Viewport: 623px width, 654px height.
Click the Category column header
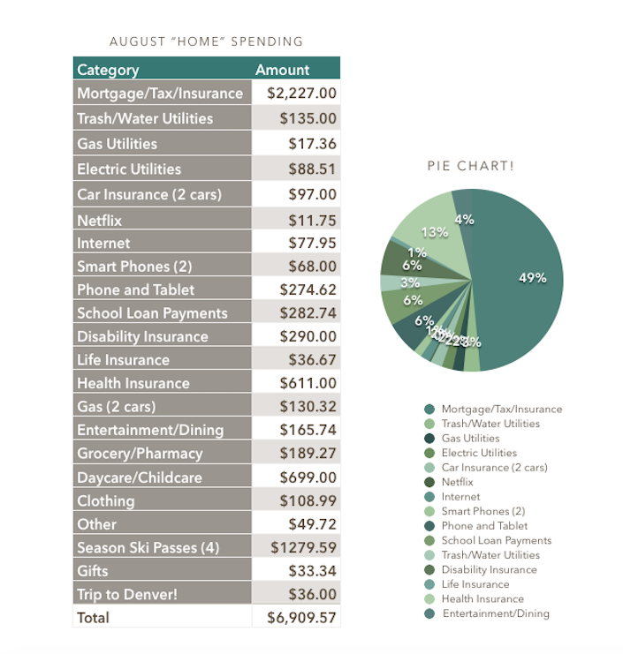click(x=108, y=70)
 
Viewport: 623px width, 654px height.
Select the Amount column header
click(x=283, y=70)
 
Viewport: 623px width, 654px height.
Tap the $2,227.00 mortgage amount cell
click(x=301, y=93)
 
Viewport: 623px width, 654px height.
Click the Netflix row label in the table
click(x=99, y=220)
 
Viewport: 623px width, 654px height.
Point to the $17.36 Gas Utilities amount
click(x=312, y=143)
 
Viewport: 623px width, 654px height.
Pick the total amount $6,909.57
click(x=301, y=618)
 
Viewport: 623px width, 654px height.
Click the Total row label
click(x=94, y=618)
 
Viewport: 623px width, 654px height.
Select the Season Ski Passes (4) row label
click(x=148, y=547)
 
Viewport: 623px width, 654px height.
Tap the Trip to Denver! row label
click(x=127, y=594)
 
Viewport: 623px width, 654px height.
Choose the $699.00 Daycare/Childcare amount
click(x=308, y=477)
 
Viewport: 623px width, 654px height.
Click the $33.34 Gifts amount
click(x=312, y=570)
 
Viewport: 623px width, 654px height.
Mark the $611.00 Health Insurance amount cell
click(x=308, y=383)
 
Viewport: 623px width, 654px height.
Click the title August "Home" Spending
click(x=206, y=41)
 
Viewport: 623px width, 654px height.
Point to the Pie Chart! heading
click(x=471, y=166)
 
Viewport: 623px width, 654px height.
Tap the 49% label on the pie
click(x=533, y=278)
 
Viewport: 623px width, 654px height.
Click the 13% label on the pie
click(x=434, y=233)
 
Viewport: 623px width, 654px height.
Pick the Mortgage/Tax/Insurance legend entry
click(x=501, y=409)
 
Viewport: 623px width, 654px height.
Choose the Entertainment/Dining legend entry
click(x=495, y=613)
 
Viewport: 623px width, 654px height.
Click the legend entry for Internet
click(x=460, y=496)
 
